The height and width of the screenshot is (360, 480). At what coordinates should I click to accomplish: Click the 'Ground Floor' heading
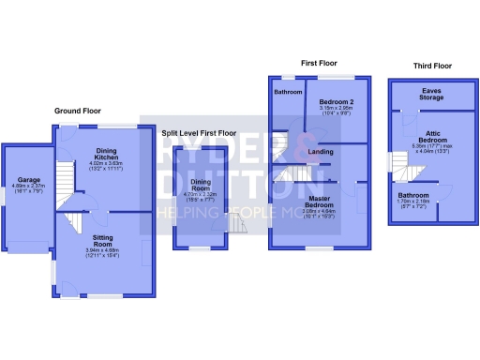point(78,111)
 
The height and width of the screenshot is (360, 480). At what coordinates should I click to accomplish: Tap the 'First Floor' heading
point(319,63)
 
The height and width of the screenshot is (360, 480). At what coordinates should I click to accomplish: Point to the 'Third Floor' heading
point(432,67)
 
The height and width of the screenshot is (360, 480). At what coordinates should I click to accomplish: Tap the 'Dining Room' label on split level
point(201,186)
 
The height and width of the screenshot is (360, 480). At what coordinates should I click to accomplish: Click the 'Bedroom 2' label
point(335,101)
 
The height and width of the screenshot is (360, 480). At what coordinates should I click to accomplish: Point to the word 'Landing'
point(320,151)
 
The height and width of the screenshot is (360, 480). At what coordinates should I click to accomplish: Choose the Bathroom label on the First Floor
point(287,93)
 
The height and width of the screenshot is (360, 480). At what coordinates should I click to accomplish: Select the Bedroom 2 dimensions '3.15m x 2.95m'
point(335,108)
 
